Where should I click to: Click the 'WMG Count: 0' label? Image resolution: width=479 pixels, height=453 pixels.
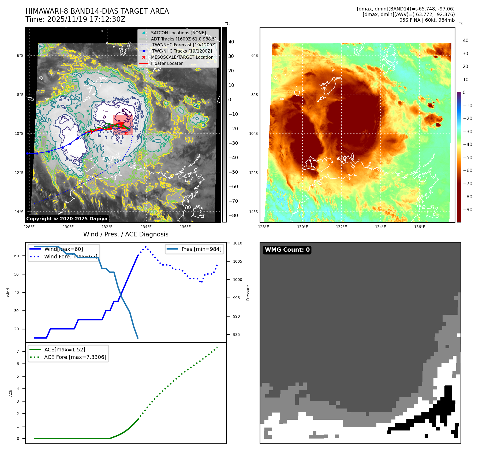tap(287, 250)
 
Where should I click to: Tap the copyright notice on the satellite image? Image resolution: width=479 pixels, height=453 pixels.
tap(67, 219)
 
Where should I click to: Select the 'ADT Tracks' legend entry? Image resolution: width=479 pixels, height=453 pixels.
tap(184, 39)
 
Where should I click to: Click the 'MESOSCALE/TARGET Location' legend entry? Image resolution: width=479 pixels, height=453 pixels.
tap(182, 57)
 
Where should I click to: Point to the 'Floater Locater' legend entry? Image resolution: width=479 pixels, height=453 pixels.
tap(167, 63)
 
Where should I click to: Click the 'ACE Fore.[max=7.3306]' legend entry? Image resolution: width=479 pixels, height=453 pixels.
tap(75, 357)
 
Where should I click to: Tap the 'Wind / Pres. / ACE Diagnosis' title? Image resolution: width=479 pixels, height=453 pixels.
tap(126, 234)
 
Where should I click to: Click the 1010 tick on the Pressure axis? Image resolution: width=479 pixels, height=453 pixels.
tap(237, 243)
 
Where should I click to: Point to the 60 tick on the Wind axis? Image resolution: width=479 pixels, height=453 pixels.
tap(17, 256)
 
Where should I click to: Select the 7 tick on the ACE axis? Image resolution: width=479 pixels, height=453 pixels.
tap(18, 351)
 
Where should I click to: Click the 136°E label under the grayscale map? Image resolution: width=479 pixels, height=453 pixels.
tap(185, 227)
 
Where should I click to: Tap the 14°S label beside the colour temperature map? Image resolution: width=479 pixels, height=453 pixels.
tap(253, 212)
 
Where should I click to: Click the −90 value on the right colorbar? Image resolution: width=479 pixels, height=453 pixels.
tap(468, 210)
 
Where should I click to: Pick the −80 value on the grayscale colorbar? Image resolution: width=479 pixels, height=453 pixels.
tap(233, 216)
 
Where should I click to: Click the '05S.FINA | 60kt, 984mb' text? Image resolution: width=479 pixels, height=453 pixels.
tap(427, 20)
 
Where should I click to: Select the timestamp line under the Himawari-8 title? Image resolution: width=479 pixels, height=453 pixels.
tap(75, 19)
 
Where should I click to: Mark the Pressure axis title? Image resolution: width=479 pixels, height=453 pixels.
tap(248, 293)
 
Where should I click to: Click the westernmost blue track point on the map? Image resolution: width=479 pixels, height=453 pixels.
tap(27, 154)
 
